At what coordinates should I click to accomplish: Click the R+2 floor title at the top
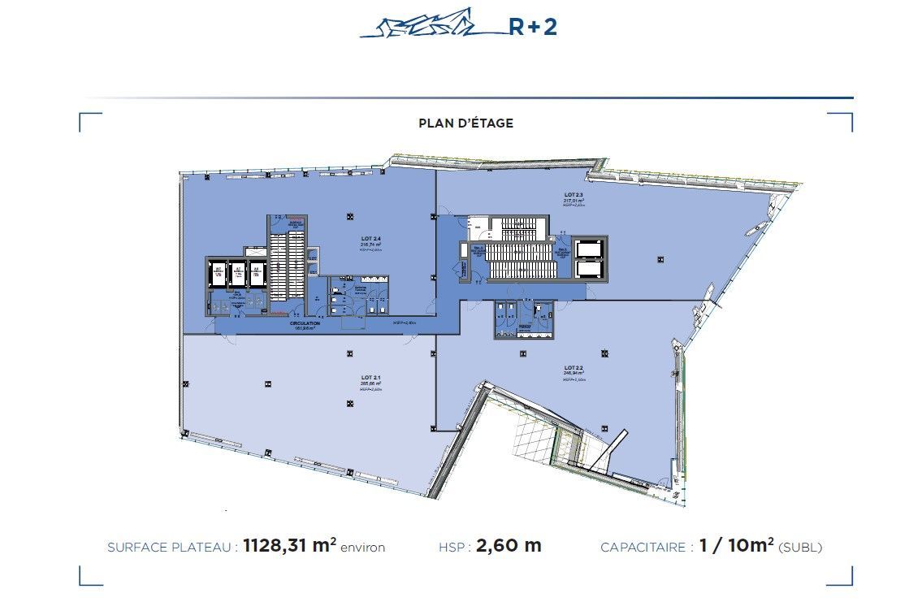tap(532, 27)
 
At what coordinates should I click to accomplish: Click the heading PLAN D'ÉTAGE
tap(465, 123)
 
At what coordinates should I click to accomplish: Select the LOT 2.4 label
tap(371, 238)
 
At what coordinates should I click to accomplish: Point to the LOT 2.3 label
tap(574, 196)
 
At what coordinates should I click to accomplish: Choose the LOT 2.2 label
tap(574, 368)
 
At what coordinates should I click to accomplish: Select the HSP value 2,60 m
tap(509, 546)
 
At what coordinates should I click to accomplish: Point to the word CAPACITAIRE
tap(643, 548)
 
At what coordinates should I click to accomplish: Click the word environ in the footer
tap(363, 548)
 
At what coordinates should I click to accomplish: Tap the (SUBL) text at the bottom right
tap(800, 548)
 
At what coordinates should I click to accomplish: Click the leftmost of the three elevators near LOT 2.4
tap(218, 275)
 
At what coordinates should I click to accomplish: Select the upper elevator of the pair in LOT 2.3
tap(588, 248)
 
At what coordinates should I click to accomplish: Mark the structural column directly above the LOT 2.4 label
tap(349, 216)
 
